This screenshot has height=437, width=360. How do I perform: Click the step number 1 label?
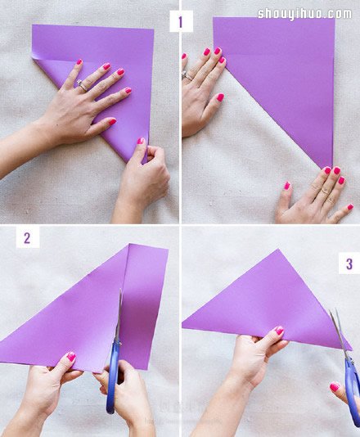181,21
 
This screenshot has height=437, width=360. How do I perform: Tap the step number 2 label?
27,237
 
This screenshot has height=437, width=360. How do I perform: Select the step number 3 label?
349,264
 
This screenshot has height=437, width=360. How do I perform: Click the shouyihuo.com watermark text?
304,14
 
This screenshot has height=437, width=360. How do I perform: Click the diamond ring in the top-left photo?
82,85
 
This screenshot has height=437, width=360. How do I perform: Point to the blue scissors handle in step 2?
112,379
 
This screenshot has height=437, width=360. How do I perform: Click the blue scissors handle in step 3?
353,391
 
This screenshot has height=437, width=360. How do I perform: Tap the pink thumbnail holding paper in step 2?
71,357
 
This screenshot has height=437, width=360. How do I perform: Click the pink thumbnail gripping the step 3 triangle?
279,331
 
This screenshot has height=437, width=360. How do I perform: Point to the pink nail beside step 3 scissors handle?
335,387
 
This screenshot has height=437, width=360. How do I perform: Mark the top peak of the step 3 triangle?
277,250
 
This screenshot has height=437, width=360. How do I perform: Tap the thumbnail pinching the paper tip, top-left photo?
141,141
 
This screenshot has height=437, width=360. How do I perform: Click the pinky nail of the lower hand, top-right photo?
350,207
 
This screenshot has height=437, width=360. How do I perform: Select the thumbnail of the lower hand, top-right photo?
286,185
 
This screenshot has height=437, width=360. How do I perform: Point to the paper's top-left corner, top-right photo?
214,18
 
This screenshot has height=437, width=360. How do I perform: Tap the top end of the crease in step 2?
128,245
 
